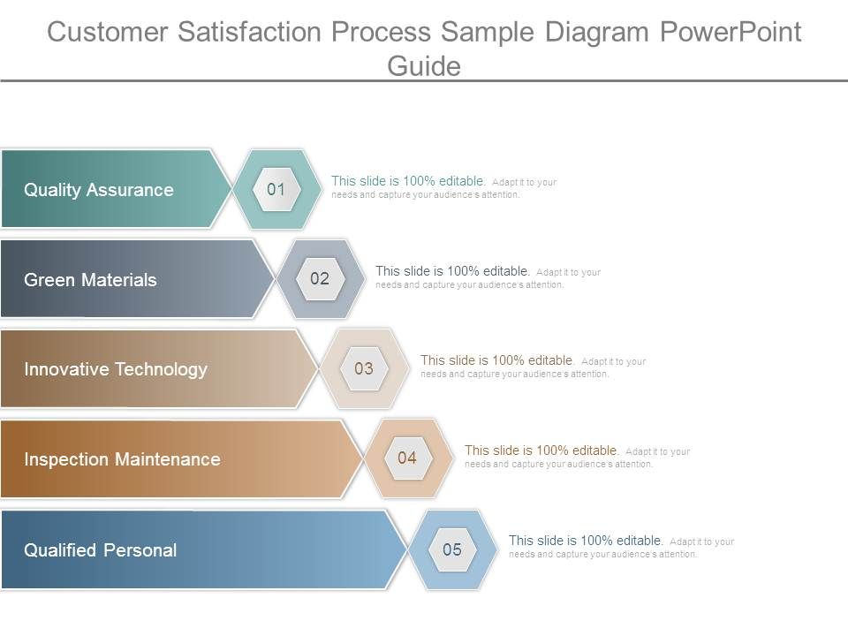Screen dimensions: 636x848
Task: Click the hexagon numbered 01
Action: [x=276, y=189]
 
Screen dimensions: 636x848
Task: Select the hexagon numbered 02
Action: [x=320, y=279]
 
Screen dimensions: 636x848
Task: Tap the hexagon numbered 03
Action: [x=364, y=368]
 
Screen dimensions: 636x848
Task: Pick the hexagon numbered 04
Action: [x=407, y=458]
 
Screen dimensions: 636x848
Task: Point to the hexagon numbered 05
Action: [x=452, y=549]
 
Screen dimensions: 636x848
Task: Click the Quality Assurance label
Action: [x=99, y=190]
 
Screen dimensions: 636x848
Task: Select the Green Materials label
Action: [x=90, y=280]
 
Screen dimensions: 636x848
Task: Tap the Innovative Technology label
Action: [x=116, y=369]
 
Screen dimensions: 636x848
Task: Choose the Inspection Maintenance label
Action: [x=122, y=459]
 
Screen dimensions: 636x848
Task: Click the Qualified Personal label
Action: [x=100, y=550]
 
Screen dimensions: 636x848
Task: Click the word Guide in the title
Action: [x=424, y=65]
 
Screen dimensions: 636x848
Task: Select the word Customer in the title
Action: [x=108, y=32]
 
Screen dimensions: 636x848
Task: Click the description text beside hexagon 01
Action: [x=443, y=187]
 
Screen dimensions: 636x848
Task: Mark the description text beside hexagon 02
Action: [x=488, y=277]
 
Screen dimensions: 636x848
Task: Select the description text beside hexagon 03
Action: [x=533, y=367]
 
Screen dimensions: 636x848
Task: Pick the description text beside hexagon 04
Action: [x=577, y=457]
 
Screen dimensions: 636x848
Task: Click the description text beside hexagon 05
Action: [x=621, y=547]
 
